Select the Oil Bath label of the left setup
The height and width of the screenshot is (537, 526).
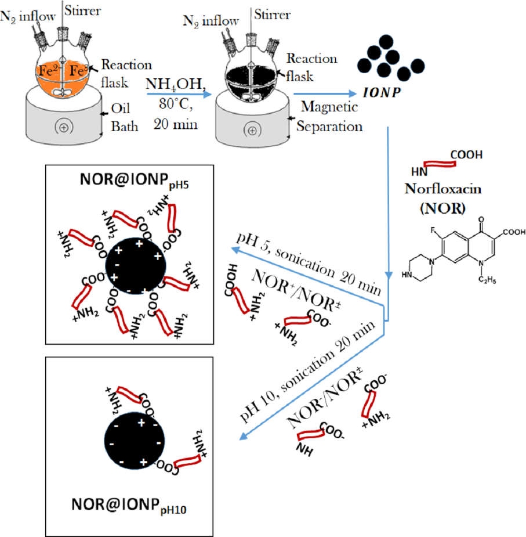tap(124, 117)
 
